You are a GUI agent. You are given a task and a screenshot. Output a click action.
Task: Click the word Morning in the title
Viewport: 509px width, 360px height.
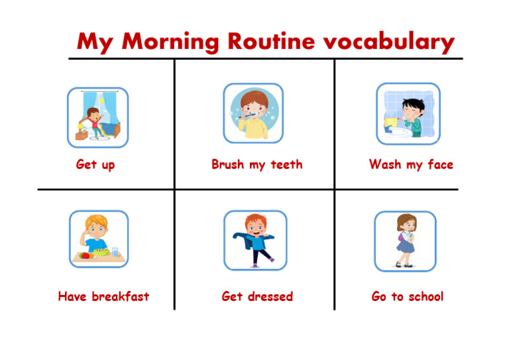(x=170, y=42)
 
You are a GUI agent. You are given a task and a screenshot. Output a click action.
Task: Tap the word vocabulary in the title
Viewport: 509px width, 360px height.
(x=388, y=42)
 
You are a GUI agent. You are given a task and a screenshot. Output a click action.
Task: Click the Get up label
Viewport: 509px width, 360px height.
(x=95, y=164)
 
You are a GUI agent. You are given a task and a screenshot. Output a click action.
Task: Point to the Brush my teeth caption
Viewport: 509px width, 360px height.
(x=256, y=164)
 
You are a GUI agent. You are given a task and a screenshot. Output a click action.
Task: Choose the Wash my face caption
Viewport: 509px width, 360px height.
(x=411, y=164)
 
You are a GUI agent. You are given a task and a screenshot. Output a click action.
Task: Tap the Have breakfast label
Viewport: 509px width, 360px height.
(x=103, y=296)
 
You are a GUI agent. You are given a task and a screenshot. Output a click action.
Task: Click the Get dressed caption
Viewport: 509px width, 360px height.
(x=256, y=296)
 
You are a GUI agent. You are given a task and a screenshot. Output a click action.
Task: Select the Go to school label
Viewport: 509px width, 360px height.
(x=407, y=296)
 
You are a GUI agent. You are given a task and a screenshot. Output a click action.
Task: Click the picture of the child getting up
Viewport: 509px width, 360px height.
(x=97, y=117)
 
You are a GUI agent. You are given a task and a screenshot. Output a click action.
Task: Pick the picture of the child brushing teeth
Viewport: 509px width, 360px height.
(x=253, y=113)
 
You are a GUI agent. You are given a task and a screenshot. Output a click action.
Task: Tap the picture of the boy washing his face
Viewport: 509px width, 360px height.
(x=408, y=114)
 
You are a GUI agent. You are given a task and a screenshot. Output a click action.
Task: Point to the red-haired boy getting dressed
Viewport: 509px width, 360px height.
(x=254, y=240)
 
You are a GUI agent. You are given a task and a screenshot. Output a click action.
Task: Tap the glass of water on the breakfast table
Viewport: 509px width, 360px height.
(x=116, y=252)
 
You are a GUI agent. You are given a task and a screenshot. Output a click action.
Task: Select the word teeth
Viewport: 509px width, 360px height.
(x=286, y=164)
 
